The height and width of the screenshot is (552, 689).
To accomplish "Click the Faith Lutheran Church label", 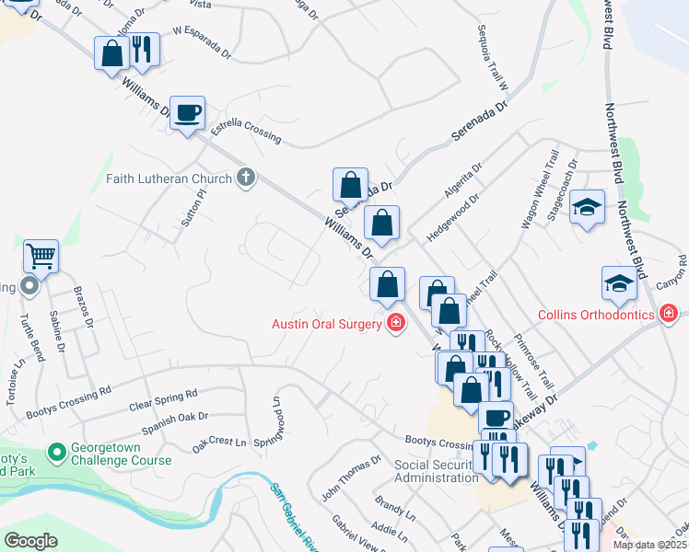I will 169,178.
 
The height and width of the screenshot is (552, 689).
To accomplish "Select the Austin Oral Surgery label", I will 326,324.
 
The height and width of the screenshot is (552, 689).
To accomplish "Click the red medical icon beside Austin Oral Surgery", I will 396,323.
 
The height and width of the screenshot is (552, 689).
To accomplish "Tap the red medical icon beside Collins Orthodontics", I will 670,315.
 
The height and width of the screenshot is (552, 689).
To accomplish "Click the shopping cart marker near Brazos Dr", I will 41,257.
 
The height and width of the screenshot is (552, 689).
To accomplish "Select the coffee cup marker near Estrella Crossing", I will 188,113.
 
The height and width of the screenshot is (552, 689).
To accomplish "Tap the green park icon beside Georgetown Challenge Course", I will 55,453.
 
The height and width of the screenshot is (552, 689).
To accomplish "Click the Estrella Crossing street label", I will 246,133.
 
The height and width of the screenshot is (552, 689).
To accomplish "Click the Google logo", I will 30,541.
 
